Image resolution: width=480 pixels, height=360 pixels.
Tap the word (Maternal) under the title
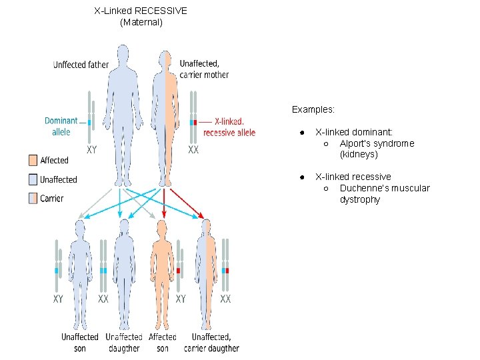point(141,22)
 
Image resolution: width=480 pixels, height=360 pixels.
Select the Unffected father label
point(81,65)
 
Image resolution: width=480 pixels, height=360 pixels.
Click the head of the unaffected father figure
point(122,53)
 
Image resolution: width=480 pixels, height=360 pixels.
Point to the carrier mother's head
point(165,57)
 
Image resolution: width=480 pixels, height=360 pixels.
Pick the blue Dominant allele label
point(61,126)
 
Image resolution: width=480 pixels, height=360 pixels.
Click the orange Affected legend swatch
point(33,160)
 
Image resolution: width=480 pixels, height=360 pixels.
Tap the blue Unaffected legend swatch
point(33,179)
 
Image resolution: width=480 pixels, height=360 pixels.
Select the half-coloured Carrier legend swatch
point(33,198)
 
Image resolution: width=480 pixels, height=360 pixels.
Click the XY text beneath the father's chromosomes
point(91,150)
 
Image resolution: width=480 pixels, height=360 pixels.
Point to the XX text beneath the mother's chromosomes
point(193,150)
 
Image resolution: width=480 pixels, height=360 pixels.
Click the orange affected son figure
point(163,267)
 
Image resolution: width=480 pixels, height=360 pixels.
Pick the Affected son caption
point(163,342)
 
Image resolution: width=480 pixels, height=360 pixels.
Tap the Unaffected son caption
point(80,342)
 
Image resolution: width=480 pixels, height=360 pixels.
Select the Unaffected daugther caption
point(123,342)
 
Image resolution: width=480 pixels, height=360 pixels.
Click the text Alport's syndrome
point(376,143)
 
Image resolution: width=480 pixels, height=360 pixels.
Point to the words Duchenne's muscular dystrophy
point(384,193)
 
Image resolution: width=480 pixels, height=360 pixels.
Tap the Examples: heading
point(313,109)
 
